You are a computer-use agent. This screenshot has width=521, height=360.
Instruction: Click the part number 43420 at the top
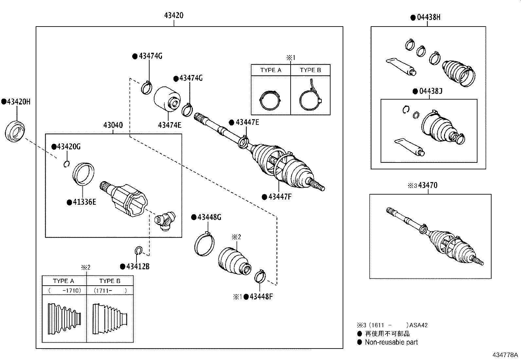tap(174, 15)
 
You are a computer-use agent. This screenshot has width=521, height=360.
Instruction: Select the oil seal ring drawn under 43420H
tap(15, 131)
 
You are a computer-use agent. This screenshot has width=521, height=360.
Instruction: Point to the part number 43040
tap(113, 125)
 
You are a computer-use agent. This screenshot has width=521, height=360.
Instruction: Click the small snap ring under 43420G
tap(66, 164)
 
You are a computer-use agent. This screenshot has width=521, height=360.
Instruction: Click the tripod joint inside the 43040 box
tap(165, 221)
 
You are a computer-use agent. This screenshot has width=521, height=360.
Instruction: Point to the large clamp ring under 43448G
tap(205, 244)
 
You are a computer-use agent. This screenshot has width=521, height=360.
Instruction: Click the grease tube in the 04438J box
tap(410, 147)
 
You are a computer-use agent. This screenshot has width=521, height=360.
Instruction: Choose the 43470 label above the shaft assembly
tap(428, 185)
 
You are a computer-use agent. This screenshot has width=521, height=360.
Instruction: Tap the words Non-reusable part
tap(391, 342)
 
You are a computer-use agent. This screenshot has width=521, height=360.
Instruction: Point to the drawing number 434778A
tap(505, 355)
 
